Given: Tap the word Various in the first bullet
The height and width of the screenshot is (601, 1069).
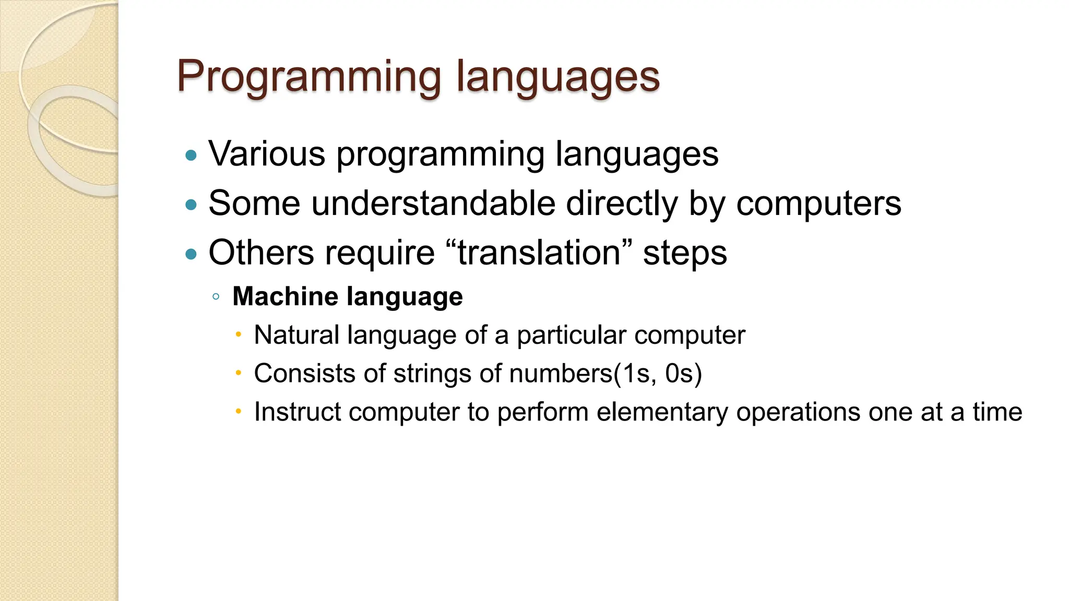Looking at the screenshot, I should pos(267,154).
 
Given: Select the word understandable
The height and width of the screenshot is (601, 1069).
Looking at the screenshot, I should pos(433,203).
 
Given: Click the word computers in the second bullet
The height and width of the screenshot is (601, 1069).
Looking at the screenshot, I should pos(818,203).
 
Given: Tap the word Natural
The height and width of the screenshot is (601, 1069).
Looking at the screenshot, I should pos(296,335).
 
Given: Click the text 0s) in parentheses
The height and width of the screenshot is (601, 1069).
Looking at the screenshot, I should pos(683,374).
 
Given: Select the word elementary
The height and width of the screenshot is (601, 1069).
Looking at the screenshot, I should pos(662,412).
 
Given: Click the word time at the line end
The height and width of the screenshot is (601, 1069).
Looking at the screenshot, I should pos(997,412).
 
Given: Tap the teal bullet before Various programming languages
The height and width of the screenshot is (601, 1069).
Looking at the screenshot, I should pos(192,155).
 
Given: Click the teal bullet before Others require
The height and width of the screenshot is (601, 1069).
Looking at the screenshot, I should pos(192,254).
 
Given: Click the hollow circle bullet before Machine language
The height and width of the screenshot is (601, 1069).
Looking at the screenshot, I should pos(216,297).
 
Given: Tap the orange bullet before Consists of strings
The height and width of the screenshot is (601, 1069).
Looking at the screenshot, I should pos(238,373).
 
